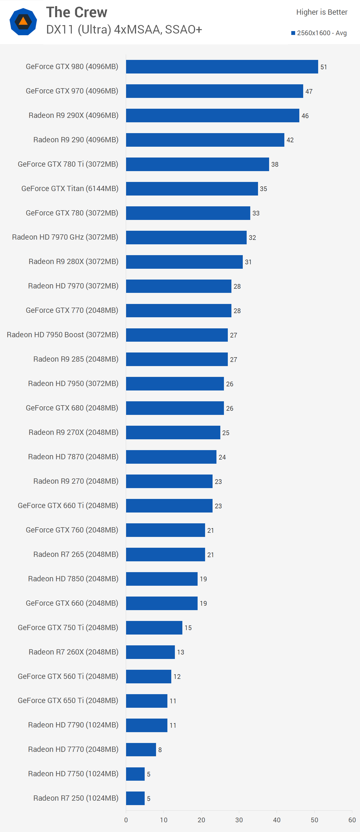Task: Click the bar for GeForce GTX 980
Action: [222, 67]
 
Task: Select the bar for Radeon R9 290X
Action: [213, 115]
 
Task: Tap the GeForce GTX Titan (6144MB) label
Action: [70, 188]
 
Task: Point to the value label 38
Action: [275, 164]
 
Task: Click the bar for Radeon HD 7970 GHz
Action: [186, 237]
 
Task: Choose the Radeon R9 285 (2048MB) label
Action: [76, 359]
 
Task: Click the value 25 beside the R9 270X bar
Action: [226, 433]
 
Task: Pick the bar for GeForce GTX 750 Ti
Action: [154, 628]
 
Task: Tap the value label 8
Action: [160, 750]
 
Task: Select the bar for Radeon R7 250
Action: [135, 798]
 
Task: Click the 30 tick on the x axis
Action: [239, 820]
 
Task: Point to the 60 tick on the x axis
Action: [352, 820]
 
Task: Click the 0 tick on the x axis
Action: [126, 820]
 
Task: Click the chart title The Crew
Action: [76, 12]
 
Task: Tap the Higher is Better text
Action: [321, 12]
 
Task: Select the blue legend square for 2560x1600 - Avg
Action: [293, 33]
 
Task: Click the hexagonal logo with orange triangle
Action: [23, 22]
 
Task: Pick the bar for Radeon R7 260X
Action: [150, 652]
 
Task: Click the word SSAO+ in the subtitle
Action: [183, 30]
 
